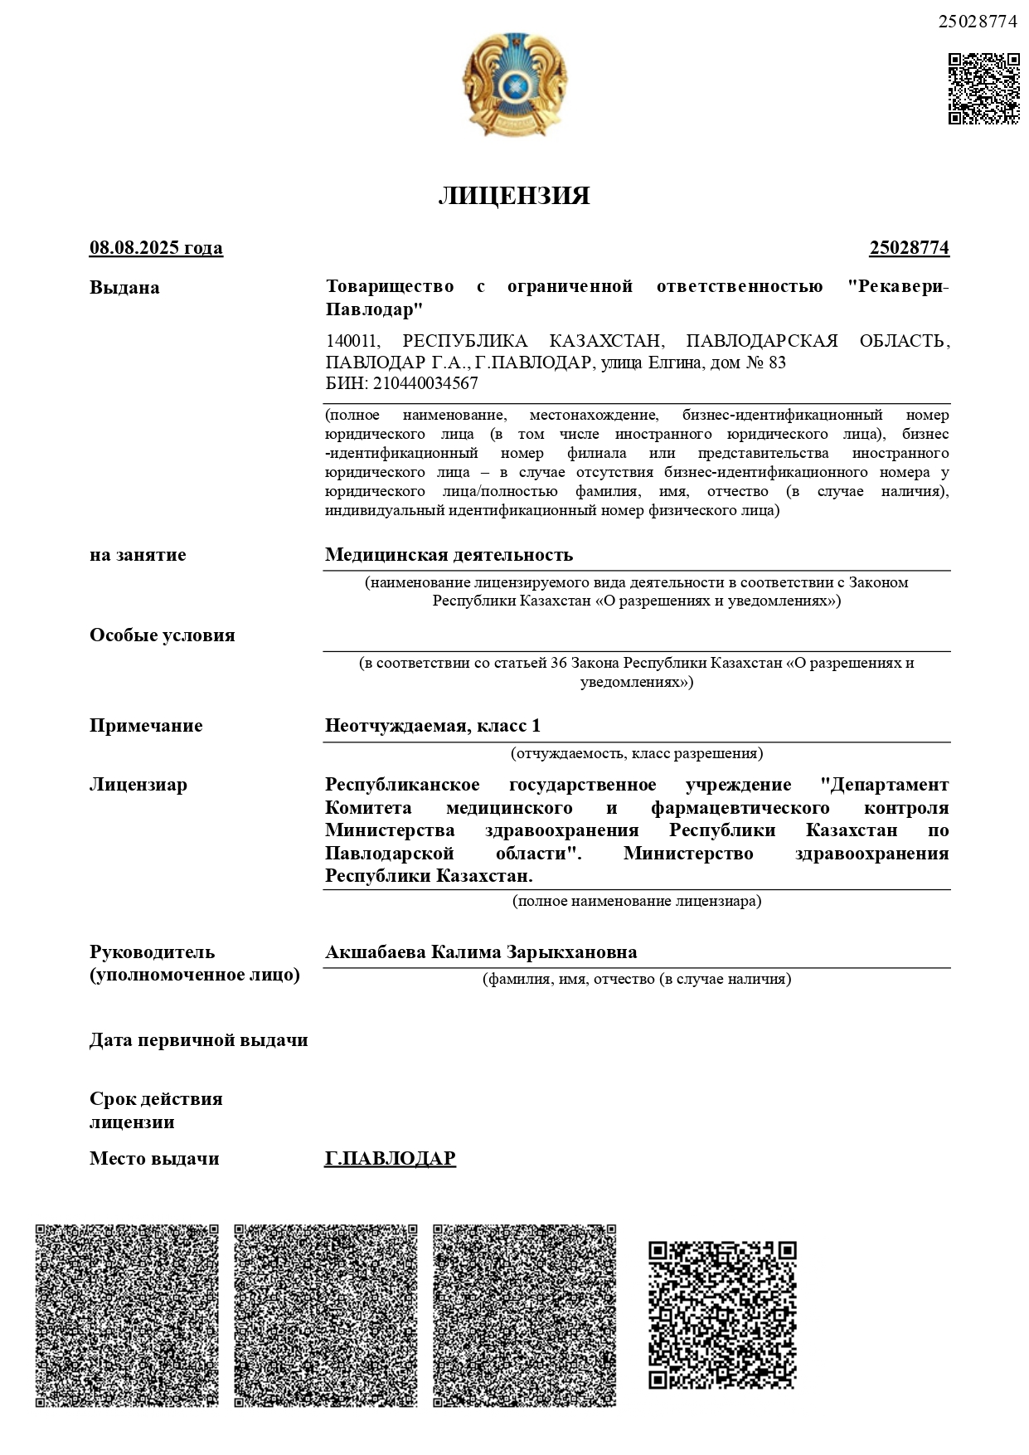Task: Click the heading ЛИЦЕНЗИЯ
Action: click(514, 196)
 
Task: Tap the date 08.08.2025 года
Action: click(156, 248)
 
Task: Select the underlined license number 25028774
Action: click(909, 248)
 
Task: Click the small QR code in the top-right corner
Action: click(983, 89)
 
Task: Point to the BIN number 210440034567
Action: click(425, 384)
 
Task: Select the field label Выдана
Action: click(124, 288)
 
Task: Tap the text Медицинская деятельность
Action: click(449, 554)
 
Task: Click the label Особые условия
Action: click(162, 635)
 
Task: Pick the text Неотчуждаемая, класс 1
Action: click(432, 726)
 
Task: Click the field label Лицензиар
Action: click(138, 785)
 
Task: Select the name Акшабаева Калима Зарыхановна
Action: click(481, 952)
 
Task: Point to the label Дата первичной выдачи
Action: click(198, 1040)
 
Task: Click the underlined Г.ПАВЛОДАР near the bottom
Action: click(390, 1158)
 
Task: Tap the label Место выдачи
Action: click(154, 1159)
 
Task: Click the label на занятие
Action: click(138, 555)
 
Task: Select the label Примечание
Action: click(146, 726)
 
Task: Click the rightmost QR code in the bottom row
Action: click(722, 1314)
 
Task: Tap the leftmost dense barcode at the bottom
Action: click(127, 1315)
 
